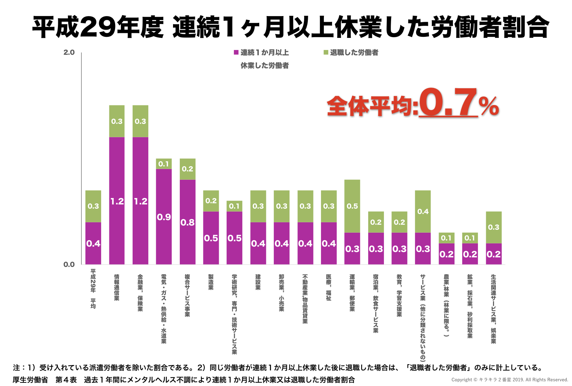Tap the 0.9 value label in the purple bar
[164, 217]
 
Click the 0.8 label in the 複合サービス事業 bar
[187, 223]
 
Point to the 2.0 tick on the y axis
[69, 53]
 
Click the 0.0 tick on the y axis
[69, 264]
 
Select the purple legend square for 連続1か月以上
[236, 53]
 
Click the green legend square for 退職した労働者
[326, 53]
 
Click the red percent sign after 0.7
[489, 106]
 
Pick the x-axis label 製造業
[211, 282]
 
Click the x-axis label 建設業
[258, 282]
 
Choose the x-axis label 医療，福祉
[329, 287]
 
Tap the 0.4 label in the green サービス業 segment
[423, 212]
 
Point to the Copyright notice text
[509, 380]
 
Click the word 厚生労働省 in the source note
[30, 380]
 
